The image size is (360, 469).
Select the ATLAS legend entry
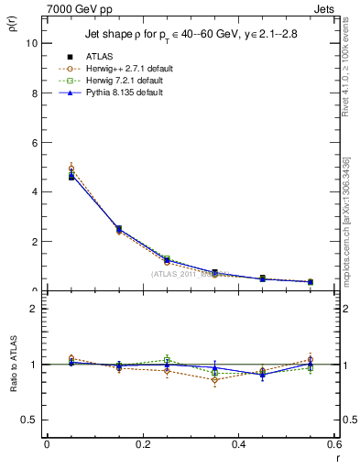tap(102, 56)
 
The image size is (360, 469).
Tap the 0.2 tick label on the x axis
tap(142, 444)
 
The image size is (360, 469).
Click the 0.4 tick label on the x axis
tap(238, 444)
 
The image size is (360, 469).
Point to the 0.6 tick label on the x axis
tap(333, 444)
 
